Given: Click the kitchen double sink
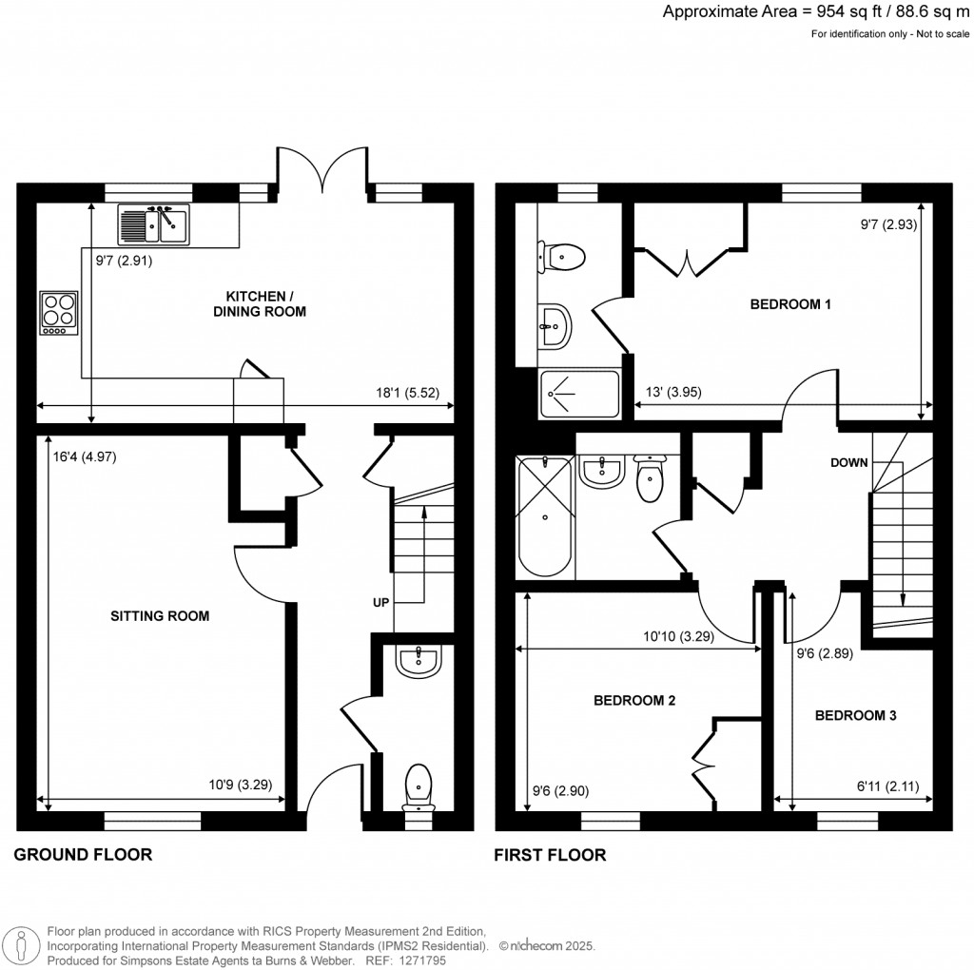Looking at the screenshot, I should pos(153,225).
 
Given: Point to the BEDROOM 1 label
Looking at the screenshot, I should pos(791,305).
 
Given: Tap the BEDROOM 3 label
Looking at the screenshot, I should pos(855,715).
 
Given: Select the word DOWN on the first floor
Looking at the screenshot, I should pos(848,463).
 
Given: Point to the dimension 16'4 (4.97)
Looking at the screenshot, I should pos(85,456).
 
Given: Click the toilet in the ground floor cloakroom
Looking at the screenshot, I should pos(419,786).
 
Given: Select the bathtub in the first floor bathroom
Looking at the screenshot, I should pos(544,517).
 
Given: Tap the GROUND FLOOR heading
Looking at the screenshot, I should pos(83,855).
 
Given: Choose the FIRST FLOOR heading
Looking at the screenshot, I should pos(550,855).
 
